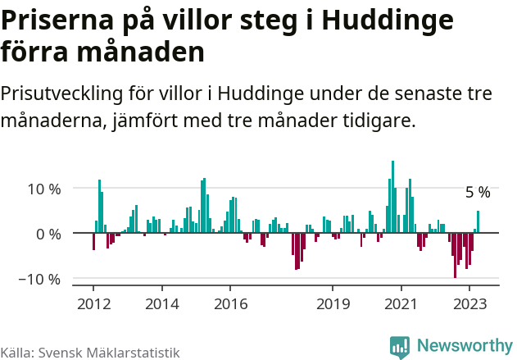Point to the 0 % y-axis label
point(48,234)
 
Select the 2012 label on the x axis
point(93,303)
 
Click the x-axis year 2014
point(161,303)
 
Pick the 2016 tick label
point(230,303)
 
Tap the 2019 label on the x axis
point(333,303)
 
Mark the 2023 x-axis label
point(469,303)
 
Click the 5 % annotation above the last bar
point(478,193)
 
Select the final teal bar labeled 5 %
point(478,222)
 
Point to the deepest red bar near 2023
point(455,256)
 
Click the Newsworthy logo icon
point(400,346)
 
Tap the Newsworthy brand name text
point(465,346)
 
